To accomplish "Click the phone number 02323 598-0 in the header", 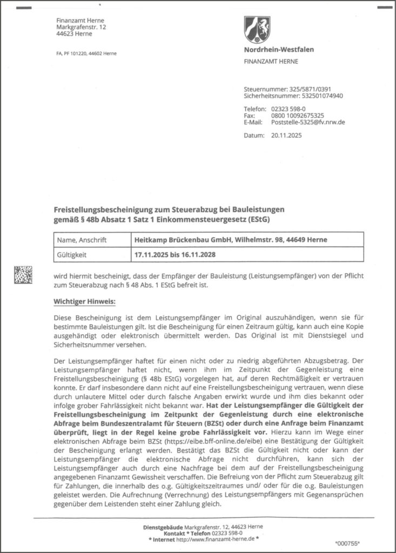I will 290,109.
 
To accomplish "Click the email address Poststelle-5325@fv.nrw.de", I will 308,123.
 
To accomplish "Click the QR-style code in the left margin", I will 23,275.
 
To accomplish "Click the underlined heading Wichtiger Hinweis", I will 85,301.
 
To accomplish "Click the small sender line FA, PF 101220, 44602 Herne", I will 86,53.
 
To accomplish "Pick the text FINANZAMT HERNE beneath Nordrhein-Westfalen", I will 272,62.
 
